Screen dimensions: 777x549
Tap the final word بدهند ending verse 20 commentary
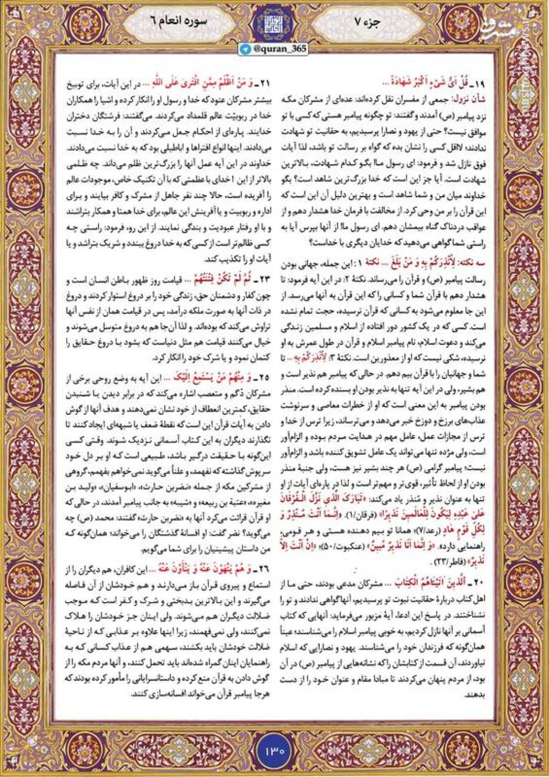click(475, 695)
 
